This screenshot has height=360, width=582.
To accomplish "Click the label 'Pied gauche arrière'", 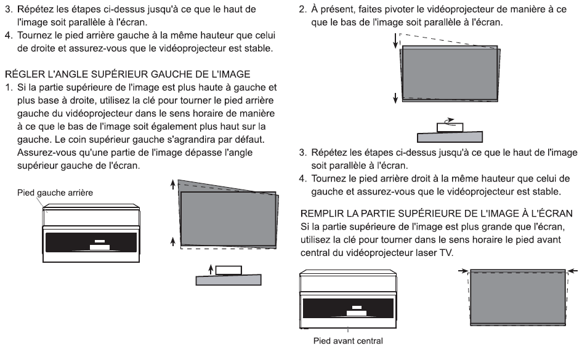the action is tap(55, 193).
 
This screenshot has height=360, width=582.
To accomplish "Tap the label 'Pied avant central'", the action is tap(348, 341).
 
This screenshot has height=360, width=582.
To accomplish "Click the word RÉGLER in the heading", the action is tap(25, 74).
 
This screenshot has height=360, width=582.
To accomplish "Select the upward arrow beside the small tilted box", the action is tap(211, 270).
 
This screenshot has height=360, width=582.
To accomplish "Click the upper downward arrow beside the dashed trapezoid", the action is tap(395, 41).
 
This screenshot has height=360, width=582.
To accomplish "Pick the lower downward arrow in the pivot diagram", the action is tap(395, 97).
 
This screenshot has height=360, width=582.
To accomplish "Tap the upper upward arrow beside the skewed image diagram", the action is tap(172, 185).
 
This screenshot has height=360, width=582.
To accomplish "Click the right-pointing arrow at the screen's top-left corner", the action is tap(463, 271).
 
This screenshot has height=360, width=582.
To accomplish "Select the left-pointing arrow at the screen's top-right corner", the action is tap(572, 271).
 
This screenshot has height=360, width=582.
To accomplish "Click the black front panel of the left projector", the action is tap(91, 242).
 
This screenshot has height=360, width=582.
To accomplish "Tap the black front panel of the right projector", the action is tap(348, 308).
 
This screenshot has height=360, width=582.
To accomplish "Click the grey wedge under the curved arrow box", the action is tap(450, 137).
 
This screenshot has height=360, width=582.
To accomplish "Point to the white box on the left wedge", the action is tap(228, 270).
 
